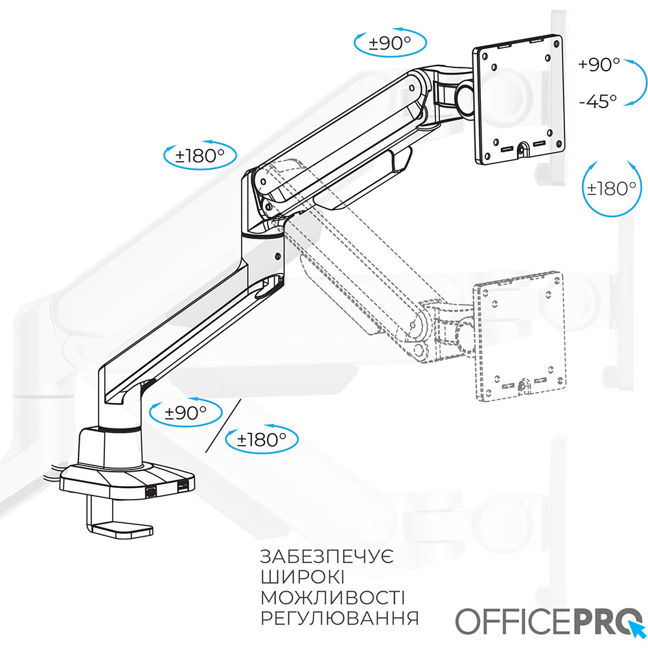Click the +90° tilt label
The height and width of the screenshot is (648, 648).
(599, 65)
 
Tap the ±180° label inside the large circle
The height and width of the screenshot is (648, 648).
(611, 189)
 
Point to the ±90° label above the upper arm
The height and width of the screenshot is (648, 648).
(391, 43)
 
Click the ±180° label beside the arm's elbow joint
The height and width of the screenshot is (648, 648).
(200, 156)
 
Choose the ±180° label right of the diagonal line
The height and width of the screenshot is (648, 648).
(262, 440)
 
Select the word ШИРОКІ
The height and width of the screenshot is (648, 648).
(302, 578)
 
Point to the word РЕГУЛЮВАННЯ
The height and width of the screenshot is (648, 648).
(339, 618)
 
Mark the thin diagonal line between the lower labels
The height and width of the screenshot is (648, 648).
(224, 426)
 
